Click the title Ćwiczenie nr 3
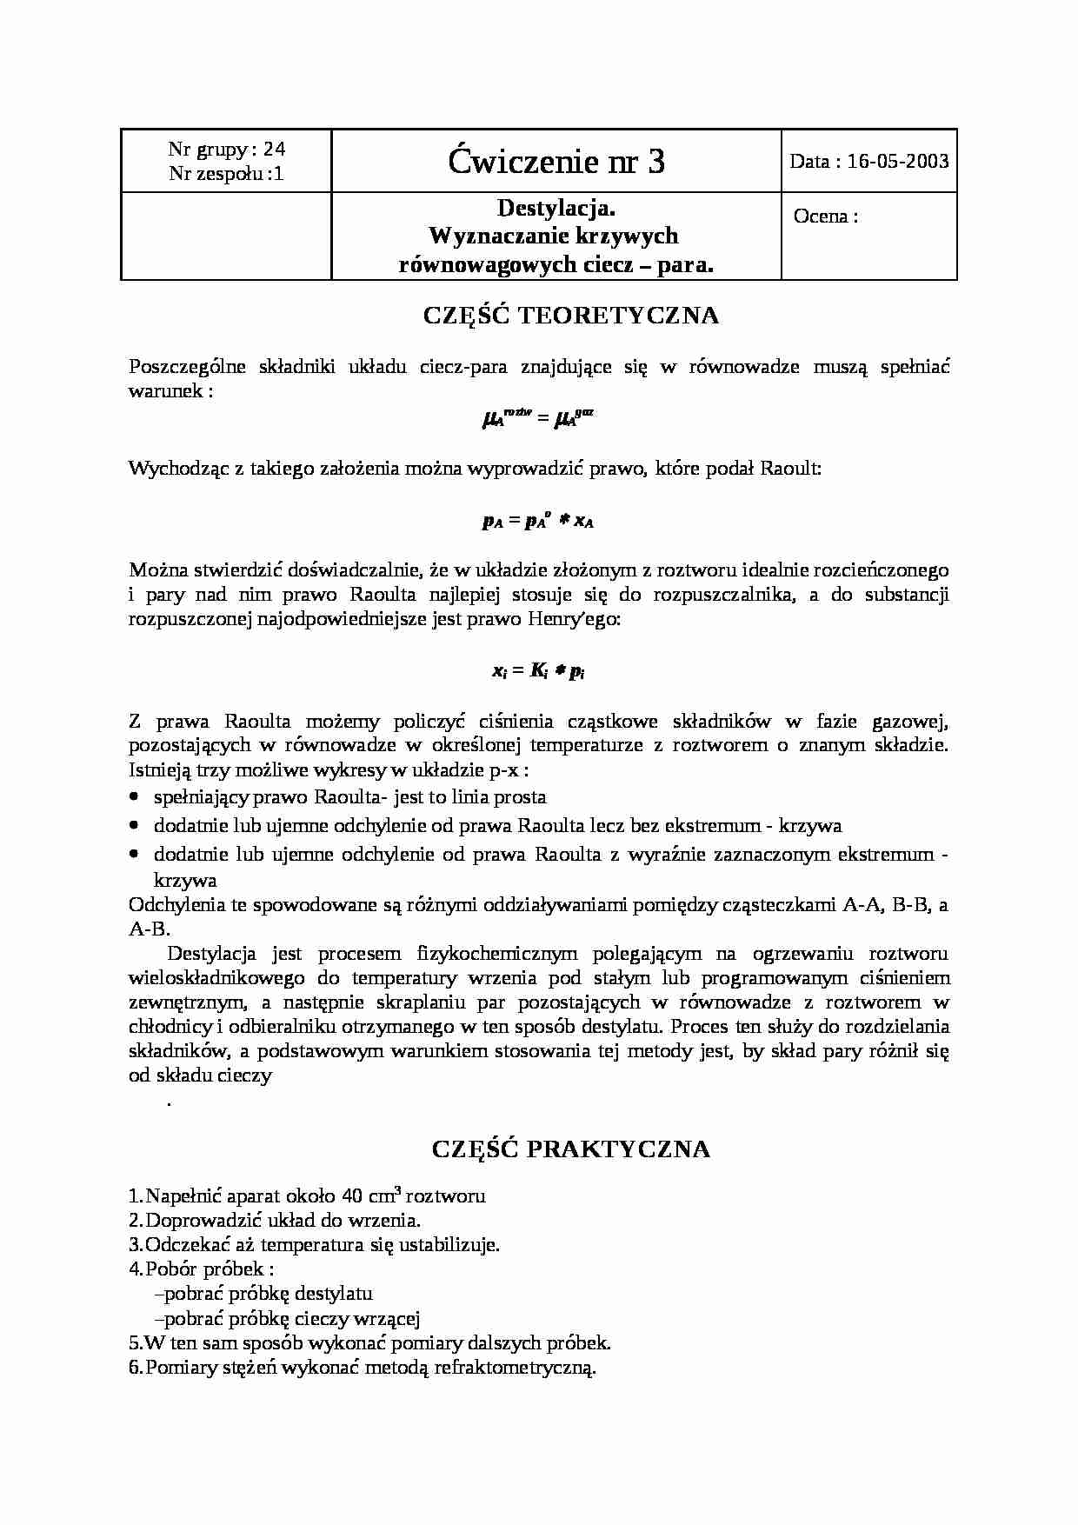tap(556, 162)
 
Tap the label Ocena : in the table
tap(825, 217)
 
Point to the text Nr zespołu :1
tap(226, 174)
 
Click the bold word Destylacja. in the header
tap(556, 208)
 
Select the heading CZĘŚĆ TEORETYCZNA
tap(571, 316)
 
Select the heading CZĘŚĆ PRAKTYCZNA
tap(571, 1149)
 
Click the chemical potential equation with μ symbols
tap(537, 419)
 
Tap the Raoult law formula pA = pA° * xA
tap(537, 522)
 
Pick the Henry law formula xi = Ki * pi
tap(537, 671)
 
